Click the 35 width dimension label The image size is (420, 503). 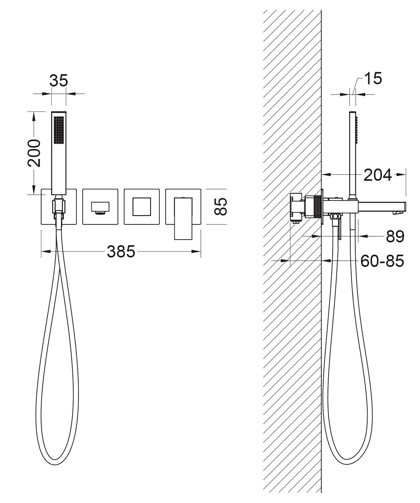click(x=58, y=80)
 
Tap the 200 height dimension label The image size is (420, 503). click(x=34, y=153)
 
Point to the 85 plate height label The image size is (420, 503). click(x=221, y=206)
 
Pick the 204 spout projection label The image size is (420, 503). click(x=378, y=175)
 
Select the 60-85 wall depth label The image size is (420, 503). click(x=382, y=261)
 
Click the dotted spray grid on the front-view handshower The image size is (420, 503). click(x=59, y=130)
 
